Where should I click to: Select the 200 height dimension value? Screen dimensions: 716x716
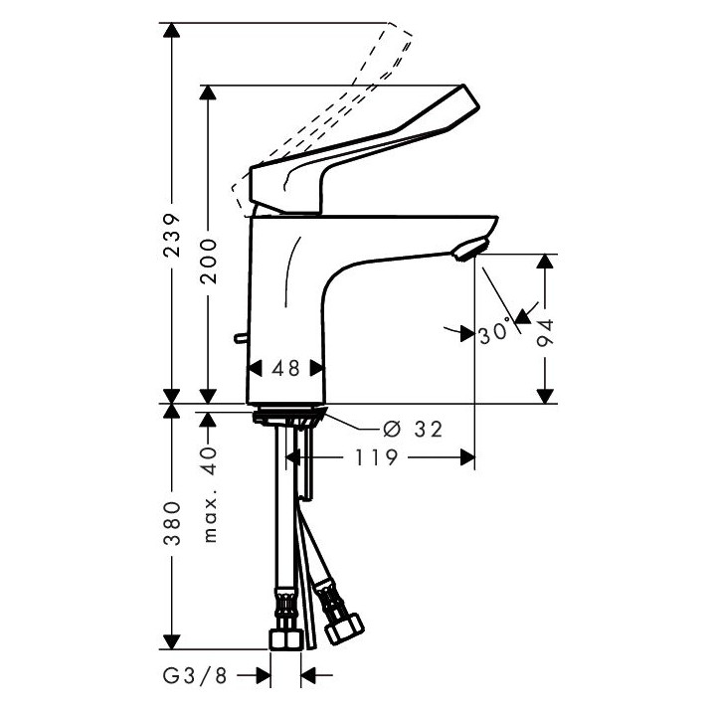coord(208,261)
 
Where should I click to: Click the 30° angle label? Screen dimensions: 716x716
coord(493,333)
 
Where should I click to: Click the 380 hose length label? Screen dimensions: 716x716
coord(172,525)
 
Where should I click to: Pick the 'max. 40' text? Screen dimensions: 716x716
coord(209,494)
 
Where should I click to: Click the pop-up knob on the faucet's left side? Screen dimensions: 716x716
coord(239,340)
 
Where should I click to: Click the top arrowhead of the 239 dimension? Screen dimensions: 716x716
coord(172,30)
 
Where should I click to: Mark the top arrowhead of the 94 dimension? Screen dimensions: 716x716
coord(544,262)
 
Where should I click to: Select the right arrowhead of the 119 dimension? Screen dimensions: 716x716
coord(463,457)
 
